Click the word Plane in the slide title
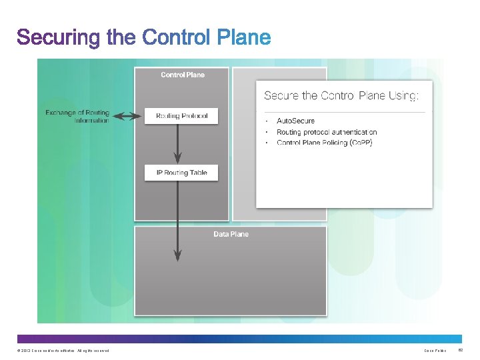coord(245,37)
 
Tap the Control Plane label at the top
coord(183,75)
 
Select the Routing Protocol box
coord(182,116)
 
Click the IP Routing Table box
coord(181,173)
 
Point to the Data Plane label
coord(231,234)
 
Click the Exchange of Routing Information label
coord(77,117)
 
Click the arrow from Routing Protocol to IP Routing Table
coord(177,143)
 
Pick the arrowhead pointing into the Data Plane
coord(177,255)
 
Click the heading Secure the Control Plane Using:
coord(341,96)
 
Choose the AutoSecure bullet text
coord(295,121)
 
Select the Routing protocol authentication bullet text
coord(327,132)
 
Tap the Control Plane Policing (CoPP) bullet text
coord(325,143)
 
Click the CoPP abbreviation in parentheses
coord(361,143)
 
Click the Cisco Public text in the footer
coord(435,351)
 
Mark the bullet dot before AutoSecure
coord(266,121)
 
